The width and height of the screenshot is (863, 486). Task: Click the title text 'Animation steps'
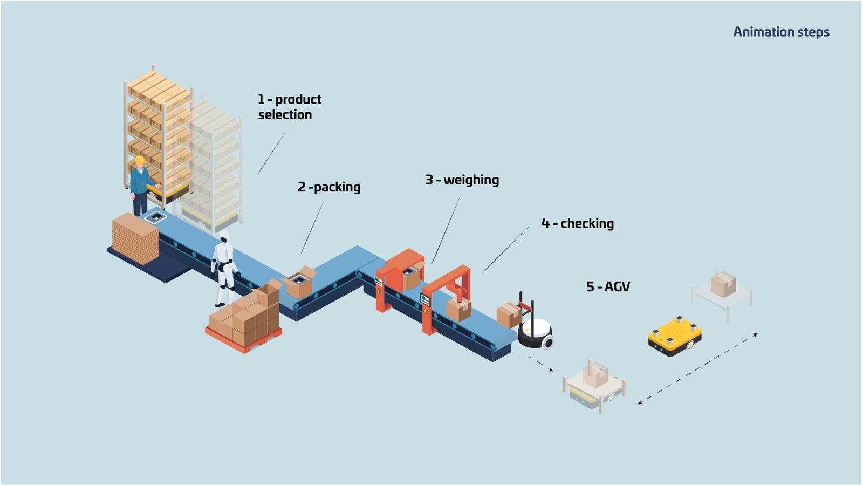tap(781, 32)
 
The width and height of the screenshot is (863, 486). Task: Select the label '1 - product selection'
tap(289, 107)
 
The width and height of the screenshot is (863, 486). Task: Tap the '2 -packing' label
tap(329, 187)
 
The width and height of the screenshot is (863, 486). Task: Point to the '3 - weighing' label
tap(462, 180)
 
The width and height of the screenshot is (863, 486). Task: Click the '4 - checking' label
tap(577, 223)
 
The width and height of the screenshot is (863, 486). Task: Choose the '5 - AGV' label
tap(608, 287)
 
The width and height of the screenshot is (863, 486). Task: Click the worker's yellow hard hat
tap(140, 160)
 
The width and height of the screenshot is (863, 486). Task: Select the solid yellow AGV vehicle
tap(675, 336)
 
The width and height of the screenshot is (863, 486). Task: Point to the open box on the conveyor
tap(299, 282)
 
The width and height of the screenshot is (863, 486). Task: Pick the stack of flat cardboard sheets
tap(135, 238)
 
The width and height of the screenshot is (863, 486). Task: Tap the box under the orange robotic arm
tap(458, 310)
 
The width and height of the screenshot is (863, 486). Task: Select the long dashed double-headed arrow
tap(698, 369)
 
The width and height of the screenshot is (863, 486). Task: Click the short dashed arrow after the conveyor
tap(541, 364)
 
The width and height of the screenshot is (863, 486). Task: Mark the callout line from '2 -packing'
tap(312, 228)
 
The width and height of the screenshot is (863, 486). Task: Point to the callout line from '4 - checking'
tap(506, 250)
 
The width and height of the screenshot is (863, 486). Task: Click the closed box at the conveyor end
tap(509, 315)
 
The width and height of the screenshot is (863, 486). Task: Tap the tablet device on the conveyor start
tap(155, 217)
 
